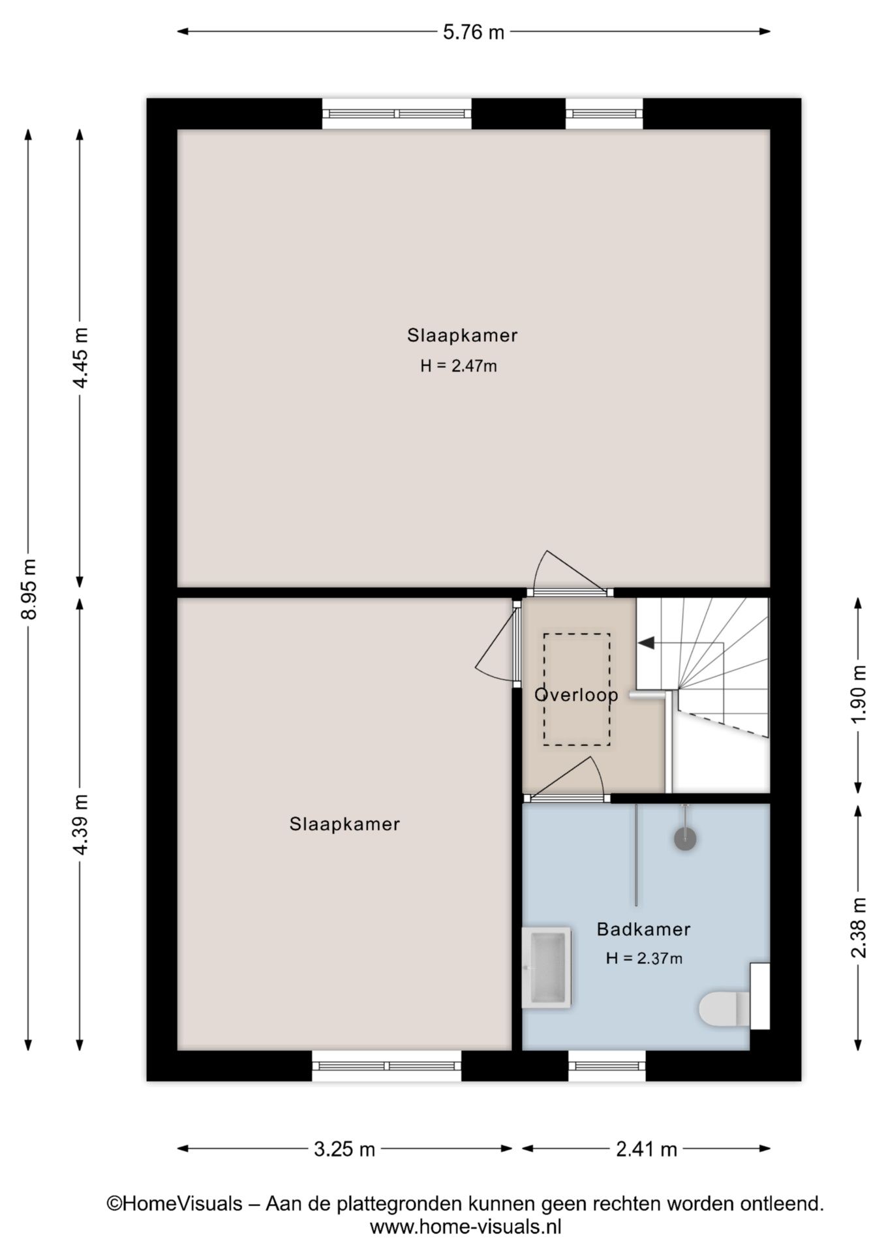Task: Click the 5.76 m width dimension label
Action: pyautogui.click(x=474, y=32)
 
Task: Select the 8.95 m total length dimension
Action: pyautogui.click(x=28, y=589)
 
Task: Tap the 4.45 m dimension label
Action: pyautogui.click(x=80, y=358)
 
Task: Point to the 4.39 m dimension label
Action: pyautogui.click(x=80, y=824)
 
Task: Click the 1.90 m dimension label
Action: pyautogui.click(x=859, y=694)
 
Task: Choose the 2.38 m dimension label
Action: pyautogui.click(x=859, y=927)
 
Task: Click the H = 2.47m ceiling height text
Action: pyautogui.click(x=459, y=366)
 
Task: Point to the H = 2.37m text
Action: pyautogui.click(x=644, y=958)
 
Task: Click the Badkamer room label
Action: pyautogui.click(x=643, y=929)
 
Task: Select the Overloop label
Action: pyautogui.click(x=576, y=694)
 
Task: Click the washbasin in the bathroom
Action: pyautogui.click(x=547, y=968)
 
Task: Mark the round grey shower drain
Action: pyautogui.click(x=685, y=839)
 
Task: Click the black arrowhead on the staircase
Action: pyautogui.click(x=646, y=643)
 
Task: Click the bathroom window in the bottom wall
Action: pyautogui.click(x=607, y=1065)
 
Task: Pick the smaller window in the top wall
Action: pyautogui.click(x=604, y=114)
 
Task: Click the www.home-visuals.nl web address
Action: pyautogui.click(x=465, y=1227)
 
